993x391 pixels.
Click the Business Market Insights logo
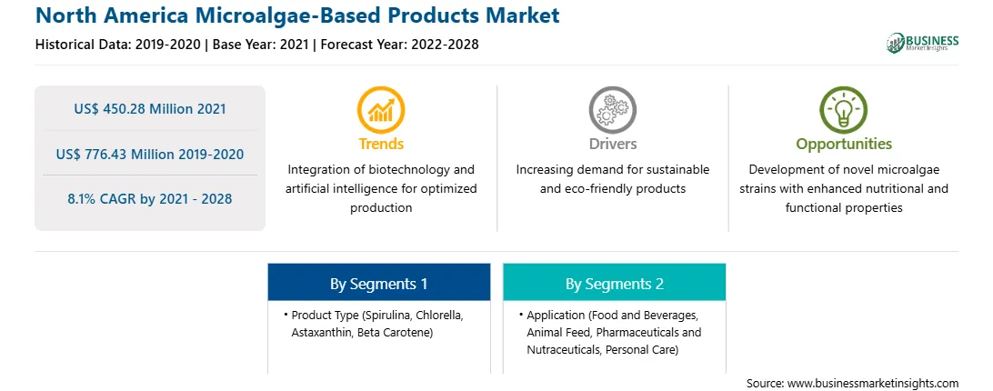coord(923,43)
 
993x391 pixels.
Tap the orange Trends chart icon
coord(381,110)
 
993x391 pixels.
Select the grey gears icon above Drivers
coord(612,110)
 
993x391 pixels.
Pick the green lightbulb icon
coord(844,110)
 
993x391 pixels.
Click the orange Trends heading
coord(381,144)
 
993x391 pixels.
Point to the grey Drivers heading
coord(612,144)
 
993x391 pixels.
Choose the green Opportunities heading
coord(844,145)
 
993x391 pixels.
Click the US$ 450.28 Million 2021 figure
coord(150,108)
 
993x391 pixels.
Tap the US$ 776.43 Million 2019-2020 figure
coord(150,154)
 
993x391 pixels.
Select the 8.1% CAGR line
coord(150,198)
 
